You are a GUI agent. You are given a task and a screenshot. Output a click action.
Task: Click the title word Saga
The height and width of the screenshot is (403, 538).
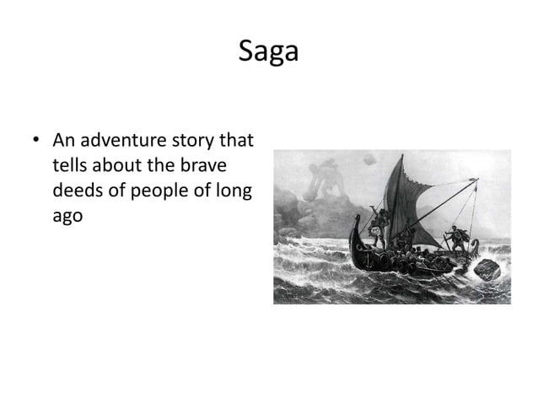point(268,51)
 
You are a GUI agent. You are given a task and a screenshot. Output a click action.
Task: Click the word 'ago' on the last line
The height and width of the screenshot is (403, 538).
point(67,215)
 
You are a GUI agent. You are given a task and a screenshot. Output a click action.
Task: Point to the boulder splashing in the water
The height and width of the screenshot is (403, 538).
point(487,269)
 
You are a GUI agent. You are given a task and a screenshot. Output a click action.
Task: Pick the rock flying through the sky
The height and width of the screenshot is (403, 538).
point(369,159)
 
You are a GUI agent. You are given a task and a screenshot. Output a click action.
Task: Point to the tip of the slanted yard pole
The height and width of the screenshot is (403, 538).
point(477,179)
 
